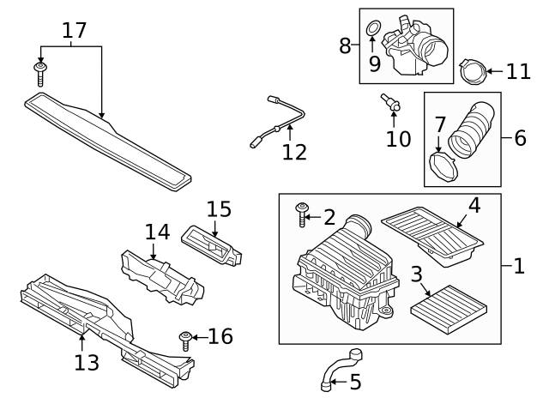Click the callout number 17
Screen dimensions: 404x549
coord(74,30)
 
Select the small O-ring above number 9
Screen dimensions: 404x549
coord(373,31)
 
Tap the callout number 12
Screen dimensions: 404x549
coord(294,152)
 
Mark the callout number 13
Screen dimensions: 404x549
coord(86,363)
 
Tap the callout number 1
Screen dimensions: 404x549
coord(518,266)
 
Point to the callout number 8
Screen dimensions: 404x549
coord(345,45)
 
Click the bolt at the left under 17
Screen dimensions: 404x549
coord(40,73)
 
